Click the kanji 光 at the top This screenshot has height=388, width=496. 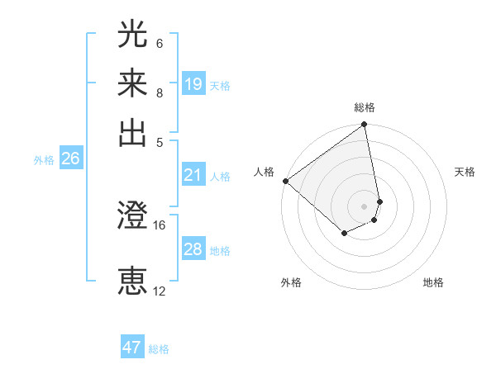(132, 35)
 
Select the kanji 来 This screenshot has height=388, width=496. (132, 85)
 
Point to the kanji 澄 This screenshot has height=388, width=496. (132, 217)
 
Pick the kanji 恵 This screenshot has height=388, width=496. (132, 282)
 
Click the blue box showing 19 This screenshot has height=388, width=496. (193, 83)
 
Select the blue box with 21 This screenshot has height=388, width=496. (193, 175)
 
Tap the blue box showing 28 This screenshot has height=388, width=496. (193, 249)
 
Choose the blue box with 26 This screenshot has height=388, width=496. (70, 159)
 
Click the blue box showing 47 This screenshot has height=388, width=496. (132, 348)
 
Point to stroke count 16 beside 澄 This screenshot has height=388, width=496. (160, 225)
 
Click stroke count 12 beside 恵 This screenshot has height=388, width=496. (160, 291)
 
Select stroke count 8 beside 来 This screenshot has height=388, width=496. (160, 92)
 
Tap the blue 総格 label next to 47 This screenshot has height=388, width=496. (159, 349)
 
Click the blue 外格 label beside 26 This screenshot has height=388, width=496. (44, 161)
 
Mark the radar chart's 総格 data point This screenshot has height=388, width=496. (364, 125)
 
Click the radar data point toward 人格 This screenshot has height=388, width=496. (285, 181)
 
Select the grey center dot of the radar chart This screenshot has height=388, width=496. (364, 206)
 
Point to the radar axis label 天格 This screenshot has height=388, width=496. (465, 172)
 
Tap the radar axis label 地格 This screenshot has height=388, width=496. (433, 283)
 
